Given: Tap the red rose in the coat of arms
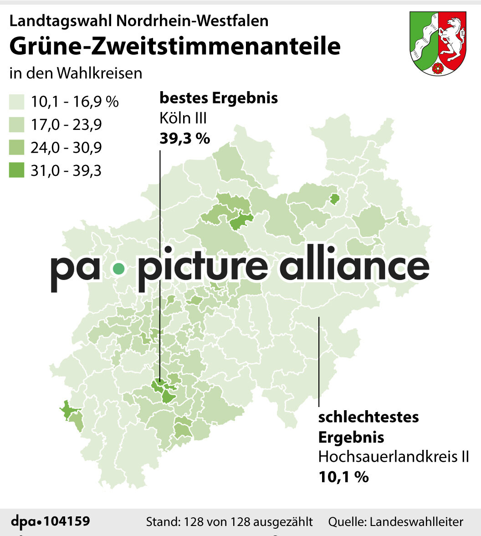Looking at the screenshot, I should tap(439, 68).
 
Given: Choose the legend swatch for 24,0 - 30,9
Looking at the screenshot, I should tap(16, 148).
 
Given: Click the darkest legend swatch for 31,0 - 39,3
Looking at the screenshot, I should tap(16, 170).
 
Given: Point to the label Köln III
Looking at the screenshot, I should tap(183, 119).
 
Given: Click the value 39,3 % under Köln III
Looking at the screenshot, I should tap(184, 138).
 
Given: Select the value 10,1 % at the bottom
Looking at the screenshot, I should tap(343, 477).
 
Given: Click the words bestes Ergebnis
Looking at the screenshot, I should tap(219, 98).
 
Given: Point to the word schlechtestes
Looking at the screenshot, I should tap(368, 417).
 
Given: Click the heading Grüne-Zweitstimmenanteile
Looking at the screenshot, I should tap(175, 46).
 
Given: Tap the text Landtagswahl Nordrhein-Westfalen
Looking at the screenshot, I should tap(139, 21).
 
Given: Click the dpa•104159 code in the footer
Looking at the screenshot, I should tap(50, 521).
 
